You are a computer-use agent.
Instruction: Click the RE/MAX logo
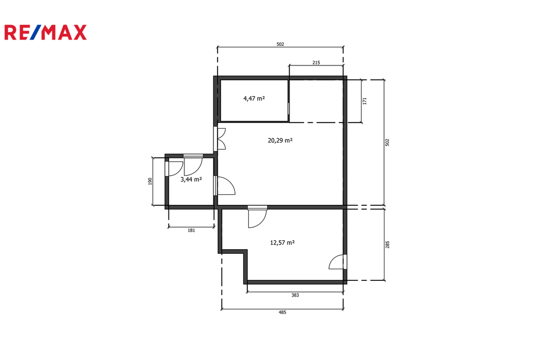click(45, 32)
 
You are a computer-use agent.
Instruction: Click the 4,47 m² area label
click(254, 99)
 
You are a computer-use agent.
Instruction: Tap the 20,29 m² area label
click(280, 140)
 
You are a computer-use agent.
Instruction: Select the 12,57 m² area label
click(282, 243)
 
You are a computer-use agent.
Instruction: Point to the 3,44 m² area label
click(191, 179)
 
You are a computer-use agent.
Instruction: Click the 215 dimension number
click(316, 62)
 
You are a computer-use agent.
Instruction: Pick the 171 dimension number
click(365, 101)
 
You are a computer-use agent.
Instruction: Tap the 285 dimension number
click(387, 244)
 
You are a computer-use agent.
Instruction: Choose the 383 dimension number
click(295, 295)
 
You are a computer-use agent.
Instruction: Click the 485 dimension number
click(282, 312)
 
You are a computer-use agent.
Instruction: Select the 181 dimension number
click(191, 230)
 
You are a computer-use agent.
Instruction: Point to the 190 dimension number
click(150, 182)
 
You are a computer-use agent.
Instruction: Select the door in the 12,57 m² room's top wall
click(257, 217)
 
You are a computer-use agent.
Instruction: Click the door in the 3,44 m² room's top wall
click(193, 165)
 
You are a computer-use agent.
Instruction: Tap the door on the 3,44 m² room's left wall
click(174, 168)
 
